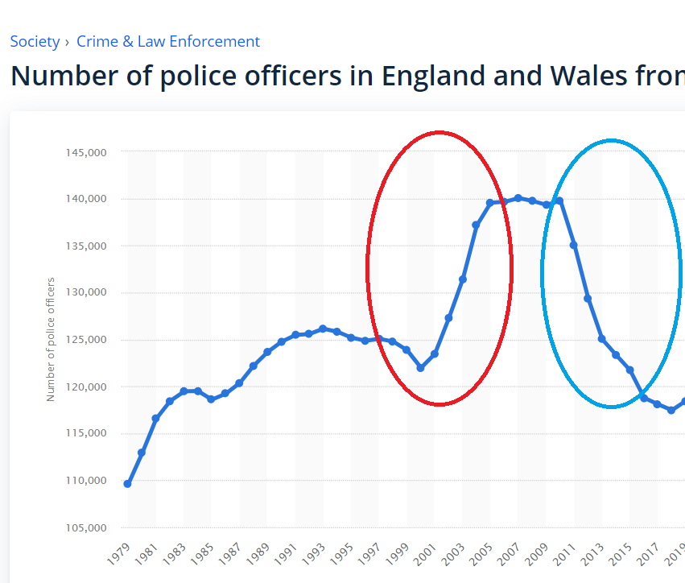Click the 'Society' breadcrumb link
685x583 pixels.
(x=35, y=41)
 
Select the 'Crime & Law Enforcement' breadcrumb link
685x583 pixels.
(x=167, y=41)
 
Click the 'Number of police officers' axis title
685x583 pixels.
(x=51, y=339)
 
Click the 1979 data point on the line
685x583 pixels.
(x=127, y=484)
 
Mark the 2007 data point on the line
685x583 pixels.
(x=518, y=197)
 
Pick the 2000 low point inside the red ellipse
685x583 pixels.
(x=420, y=367)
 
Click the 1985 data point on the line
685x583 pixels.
(x=211, y=399)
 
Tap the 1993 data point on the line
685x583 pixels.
(x=323, y=329)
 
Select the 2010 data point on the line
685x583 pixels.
(x=559, y=201)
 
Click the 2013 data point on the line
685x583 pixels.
(x=601, y=339)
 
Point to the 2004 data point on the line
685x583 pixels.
(x=476, y=225)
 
